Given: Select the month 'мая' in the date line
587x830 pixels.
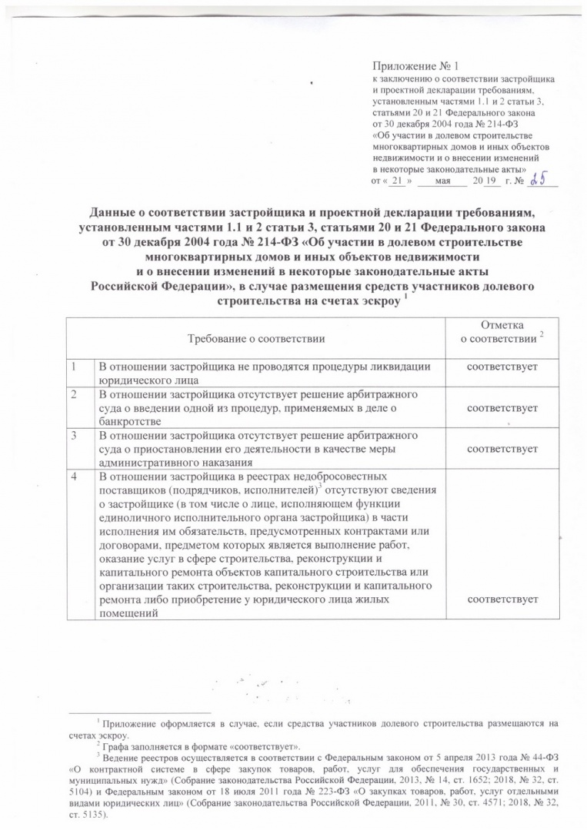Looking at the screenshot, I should (442, 181).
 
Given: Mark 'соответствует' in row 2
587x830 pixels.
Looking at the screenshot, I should (502, 407).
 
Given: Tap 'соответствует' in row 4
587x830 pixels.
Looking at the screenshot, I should (502, 598).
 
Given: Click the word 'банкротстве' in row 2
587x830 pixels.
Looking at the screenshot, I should (129, 421).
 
